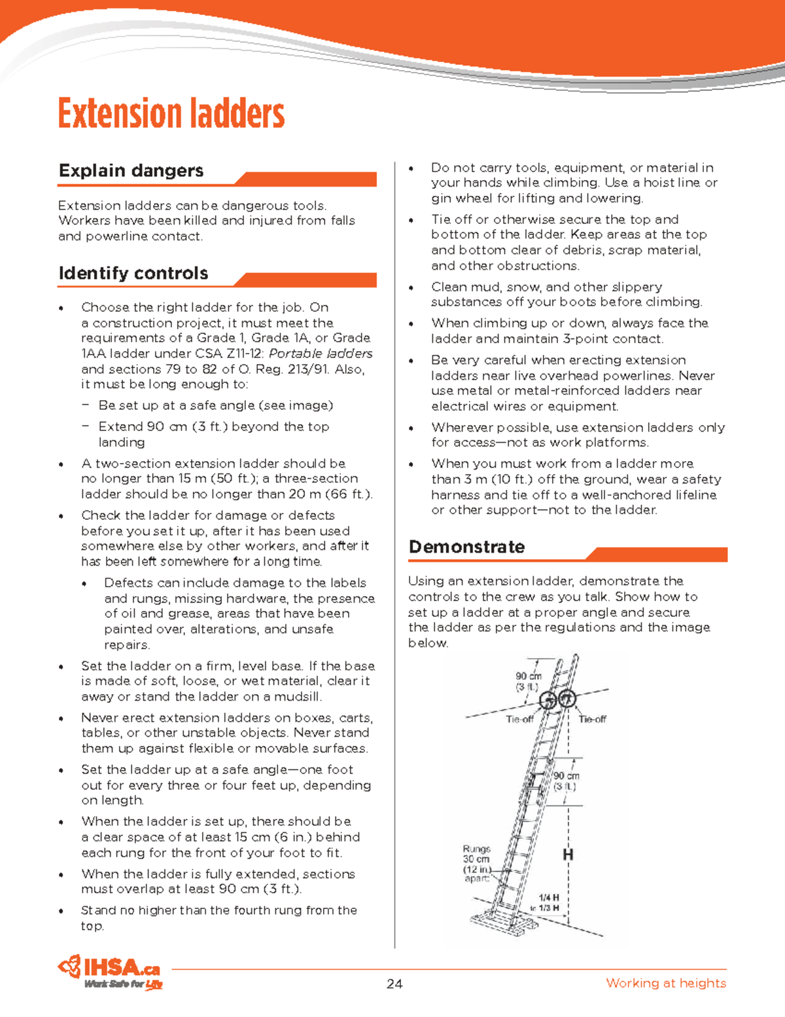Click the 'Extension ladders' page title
coord(171,113)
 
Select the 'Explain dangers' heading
coord(131,171)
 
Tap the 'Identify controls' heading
coord(133,273)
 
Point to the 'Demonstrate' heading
coord(466,547)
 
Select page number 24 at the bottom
coord(394,983)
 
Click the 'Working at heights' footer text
coord(665,983)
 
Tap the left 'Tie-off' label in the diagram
coord(519,719)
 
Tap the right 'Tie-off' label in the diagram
coord(593,719)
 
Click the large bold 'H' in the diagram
coord(568,855)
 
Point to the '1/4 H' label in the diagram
coord(548,897)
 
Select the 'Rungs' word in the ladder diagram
coord(476,849)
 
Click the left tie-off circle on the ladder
coord(548,700)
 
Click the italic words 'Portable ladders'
coord(321,354)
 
